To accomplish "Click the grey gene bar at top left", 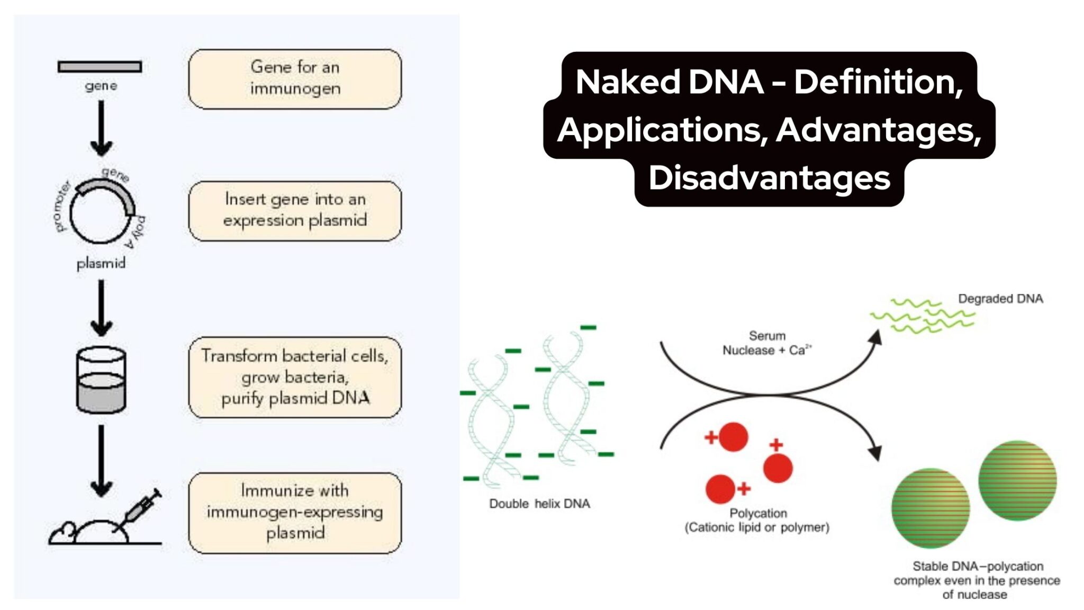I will (x=100, y=67).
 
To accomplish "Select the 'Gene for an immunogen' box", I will (x=295, y=78).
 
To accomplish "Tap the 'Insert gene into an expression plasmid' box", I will (x=295, y=210).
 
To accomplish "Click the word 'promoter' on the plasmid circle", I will (x=62, y=207).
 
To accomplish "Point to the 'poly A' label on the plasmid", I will (x=136, y=232).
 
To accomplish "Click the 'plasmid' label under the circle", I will (x=101, y=263).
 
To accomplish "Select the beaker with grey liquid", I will (x=101, y=380).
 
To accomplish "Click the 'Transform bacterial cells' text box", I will (x=295, y=377).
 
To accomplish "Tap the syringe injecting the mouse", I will (x=140, y=509).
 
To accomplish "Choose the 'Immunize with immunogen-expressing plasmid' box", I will (x=295, y=512).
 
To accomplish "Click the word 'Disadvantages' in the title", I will (x=769, y=178).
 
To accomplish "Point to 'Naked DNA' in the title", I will (x=669, y=82).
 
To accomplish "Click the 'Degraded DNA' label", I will (x=1000, y=299).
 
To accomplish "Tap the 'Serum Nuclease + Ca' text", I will (x=766, y=343).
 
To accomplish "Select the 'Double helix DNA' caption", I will (x=539, y=504).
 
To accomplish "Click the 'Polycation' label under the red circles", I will (x=757, y=513).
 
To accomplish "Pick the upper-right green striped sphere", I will (x=1017, y=480).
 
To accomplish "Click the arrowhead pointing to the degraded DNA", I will (x=876, y=337).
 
